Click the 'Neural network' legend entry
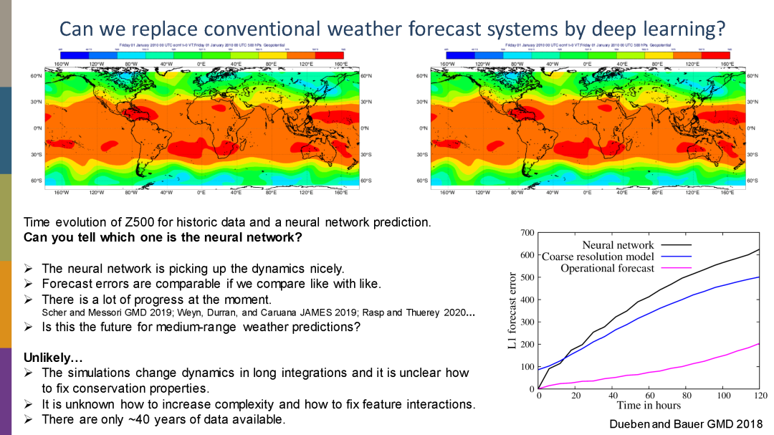coord(618,245)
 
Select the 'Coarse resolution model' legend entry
coord(598,257)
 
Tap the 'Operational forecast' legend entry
coord(608,268)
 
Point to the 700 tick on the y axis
coord(527,233)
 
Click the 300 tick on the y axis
coord(527,322)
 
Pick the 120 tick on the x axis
coord(760,396)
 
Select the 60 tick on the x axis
coord(649,396)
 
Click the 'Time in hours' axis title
coord(649,406)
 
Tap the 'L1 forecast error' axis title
coord(512,311)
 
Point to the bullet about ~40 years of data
coord(163,419)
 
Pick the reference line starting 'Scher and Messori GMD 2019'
coord(258,313)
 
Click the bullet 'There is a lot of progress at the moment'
coord(156,299)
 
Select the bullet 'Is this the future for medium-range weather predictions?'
coord(201,327)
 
